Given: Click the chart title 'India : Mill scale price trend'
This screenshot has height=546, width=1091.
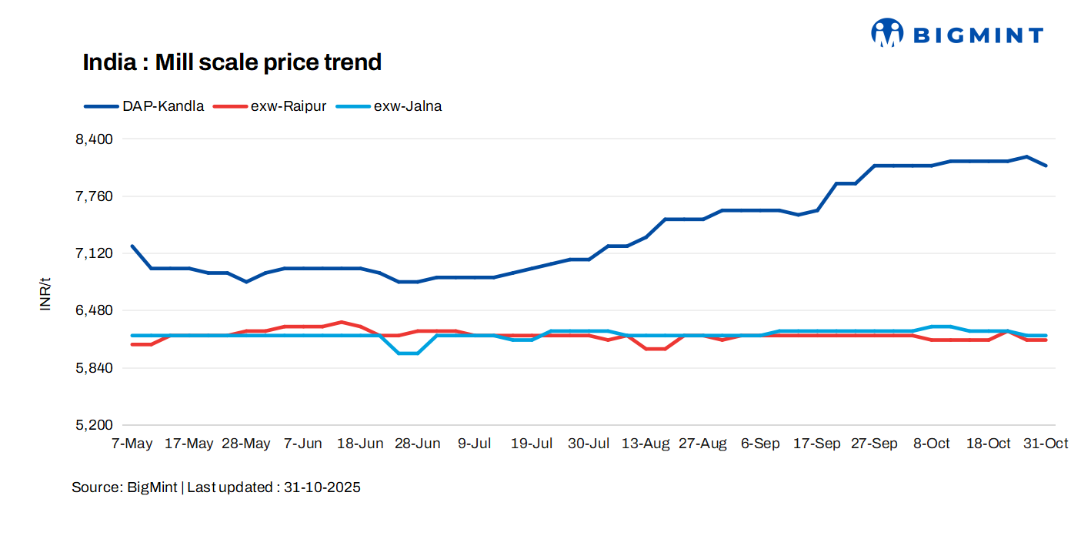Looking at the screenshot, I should point(232,62).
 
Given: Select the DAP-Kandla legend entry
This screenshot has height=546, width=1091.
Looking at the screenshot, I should point(162,106).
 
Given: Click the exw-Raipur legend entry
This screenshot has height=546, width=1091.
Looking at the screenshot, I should point(289,106).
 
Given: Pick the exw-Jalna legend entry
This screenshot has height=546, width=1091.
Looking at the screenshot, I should point(407,106).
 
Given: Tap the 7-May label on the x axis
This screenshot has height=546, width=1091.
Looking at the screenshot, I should point(132,444).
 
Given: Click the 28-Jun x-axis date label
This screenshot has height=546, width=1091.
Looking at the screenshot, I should point(418,444).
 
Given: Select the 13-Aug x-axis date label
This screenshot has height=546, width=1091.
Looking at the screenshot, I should point(646,444).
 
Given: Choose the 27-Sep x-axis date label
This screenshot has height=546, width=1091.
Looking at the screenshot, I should point(874,444).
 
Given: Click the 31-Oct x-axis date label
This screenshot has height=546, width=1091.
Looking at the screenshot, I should point(1045,444).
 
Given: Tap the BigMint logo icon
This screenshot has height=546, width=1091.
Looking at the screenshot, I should point(887,33).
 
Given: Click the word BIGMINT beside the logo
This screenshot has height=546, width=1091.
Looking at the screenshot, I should point(977,35).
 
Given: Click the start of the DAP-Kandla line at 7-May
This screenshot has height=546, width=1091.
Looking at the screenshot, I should point(133,246).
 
